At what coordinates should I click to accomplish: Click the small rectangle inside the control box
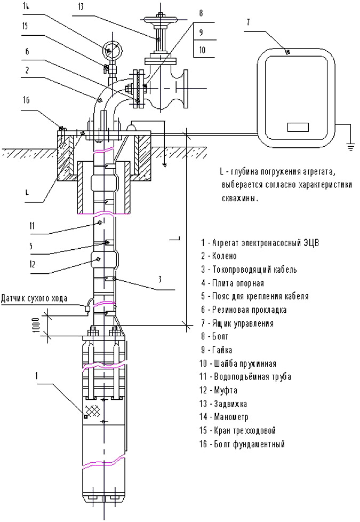click(x=298, y=127)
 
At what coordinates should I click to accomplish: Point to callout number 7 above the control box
click(x=249, y=22)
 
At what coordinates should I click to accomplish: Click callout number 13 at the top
click(x=80, y=7)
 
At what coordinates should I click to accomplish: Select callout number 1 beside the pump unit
click(x=37, y=375)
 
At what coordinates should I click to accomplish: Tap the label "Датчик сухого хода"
click(x=35, y=297)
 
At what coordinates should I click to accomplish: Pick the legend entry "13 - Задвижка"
click(x=224, y=404)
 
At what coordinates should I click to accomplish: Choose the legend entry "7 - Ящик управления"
click(x=237, y=323)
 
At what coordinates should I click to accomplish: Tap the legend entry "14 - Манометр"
click(x=225, y=417)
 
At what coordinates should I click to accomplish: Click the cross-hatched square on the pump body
click(x=94, y=410)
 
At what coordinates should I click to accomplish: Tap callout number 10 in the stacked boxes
click(x=203, y=50)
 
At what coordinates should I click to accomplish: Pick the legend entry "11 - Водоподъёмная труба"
click(x=246, y=377)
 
